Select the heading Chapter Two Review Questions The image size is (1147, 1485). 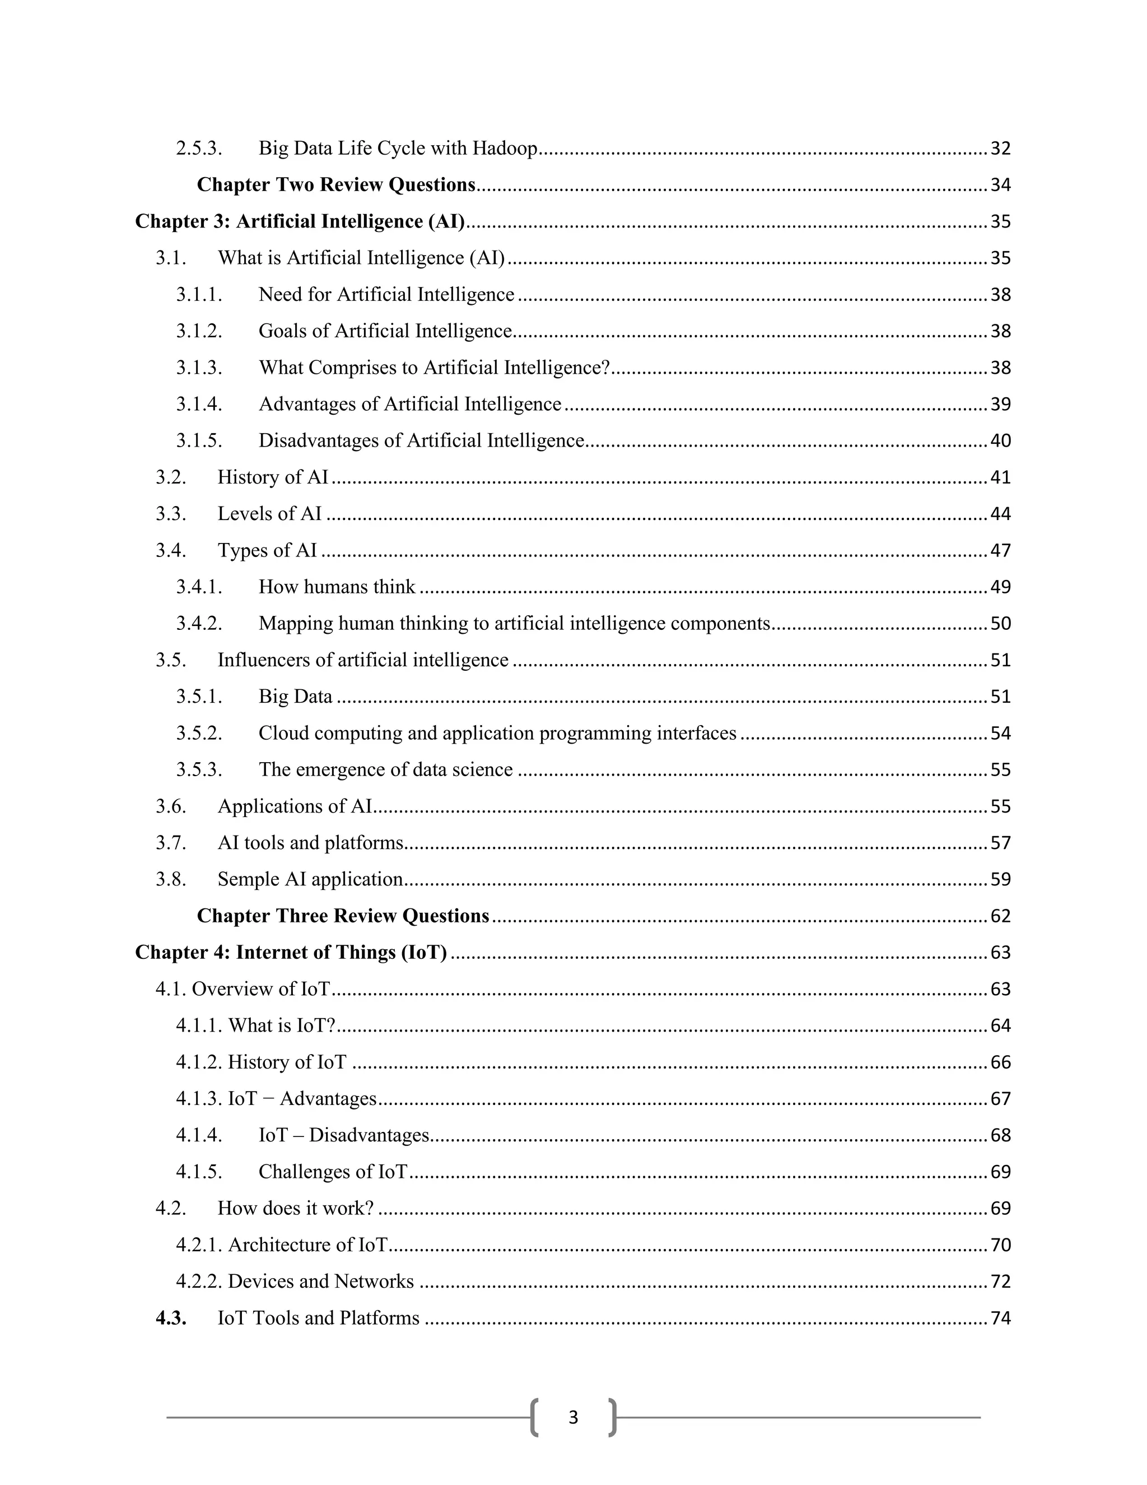pyautogui.click(x=335, y=185)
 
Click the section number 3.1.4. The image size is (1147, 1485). pyautogui.click(x=199, y=405)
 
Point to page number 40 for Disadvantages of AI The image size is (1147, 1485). pyautogui.click(x=1000, y=441)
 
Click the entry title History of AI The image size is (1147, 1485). pyautogui.click(x=273, y=477)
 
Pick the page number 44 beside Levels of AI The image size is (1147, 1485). pyautogui.click(x=1000, y=514)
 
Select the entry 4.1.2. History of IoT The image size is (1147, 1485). pyautogui.click(x=261, y=1062)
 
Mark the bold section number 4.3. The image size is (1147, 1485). pyautogui.click(x=171, y=1319)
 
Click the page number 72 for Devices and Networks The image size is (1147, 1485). pyautogui.click(x=1000, y=1282)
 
